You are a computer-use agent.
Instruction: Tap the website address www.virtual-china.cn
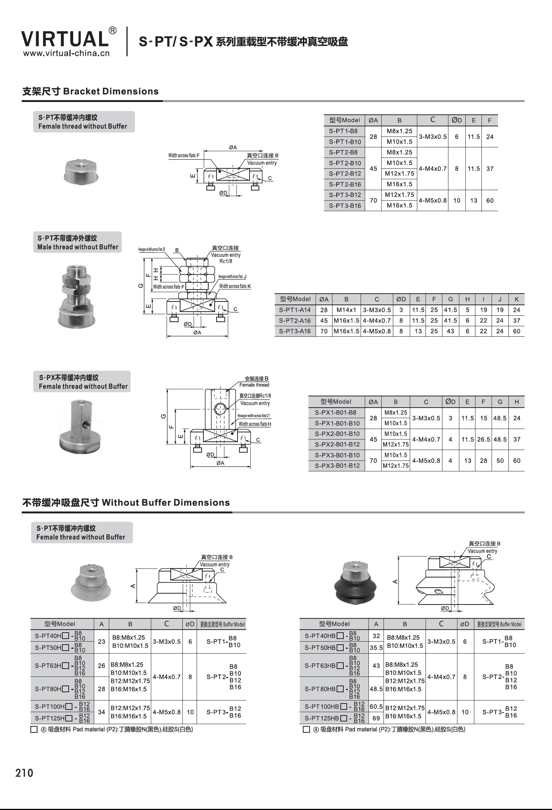pyautogui.click(x=66, y=53)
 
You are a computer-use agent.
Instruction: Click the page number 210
pyautogui.click(x=24, y=773)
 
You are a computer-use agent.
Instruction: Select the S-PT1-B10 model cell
pyautogui.click(x=344, y=142)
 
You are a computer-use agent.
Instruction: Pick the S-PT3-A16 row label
pyautogui.click(x=295, y=331)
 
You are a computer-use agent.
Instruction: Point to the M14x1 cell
pyautogui.click(x=346, y=310)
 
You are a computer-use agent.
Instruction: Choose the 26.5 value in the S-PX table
pyautogui.click(x=483, y=439)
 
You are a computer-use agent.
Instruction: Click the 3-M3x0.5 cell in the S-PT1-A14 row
pyautogui.click(x=376, y=310)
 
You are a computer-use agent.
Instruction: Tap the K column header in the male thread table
pyautogui.click(x=516, y=299)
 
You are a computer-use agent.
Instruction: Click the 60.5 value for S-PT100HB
pyautogui.click(x=376, y=706)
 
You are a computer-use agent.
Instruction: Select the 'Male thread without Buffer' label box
pyautogui.click(x=77, y=242)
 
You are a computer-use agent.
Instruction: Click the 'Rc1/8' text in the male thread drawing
pyautogui.click(x=226, y=261)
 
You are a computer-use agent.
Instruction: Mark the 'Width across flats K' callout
pyautogui.click(x=235, y=286)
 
